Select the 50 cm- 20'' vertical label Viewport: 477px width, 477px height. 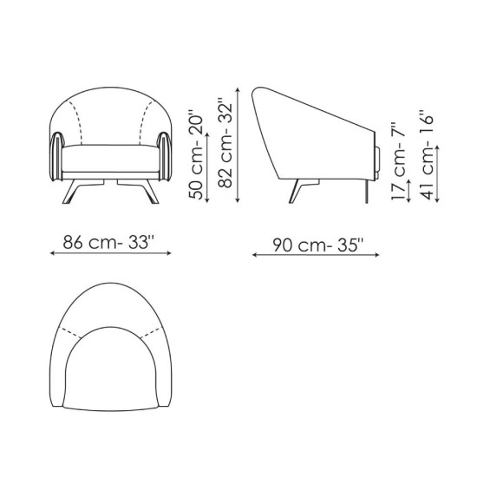(x=197, y=154)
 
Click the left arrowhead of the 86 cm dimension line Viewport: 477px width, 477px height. (x=45, y=256)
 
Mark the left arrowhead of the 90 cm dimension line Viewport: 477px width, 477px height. (x=253, y=256)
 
